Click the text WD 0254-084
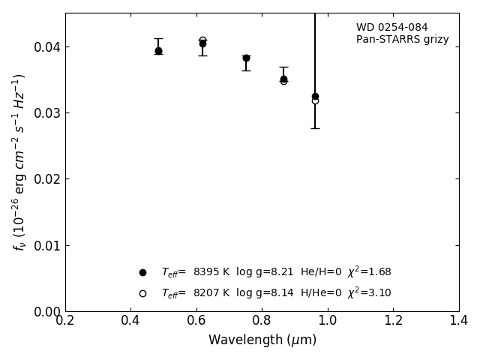coord(391,28)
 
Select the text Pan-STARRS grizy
coord(402,40)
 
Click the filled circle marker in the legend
coord(142,272)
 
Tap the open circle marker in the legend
coord(142,293)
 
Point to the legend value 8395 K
coord(211,272)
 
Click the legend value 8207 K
coord(211,293)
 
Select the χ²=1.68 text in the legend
coord(369,271)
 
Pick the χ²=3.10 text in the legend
coord(369,292)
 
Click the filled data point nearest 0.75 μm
coord(246,58)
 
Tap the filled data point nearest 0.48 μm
coord(158,51)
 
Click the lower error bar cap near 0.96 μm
coord(315,128)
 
